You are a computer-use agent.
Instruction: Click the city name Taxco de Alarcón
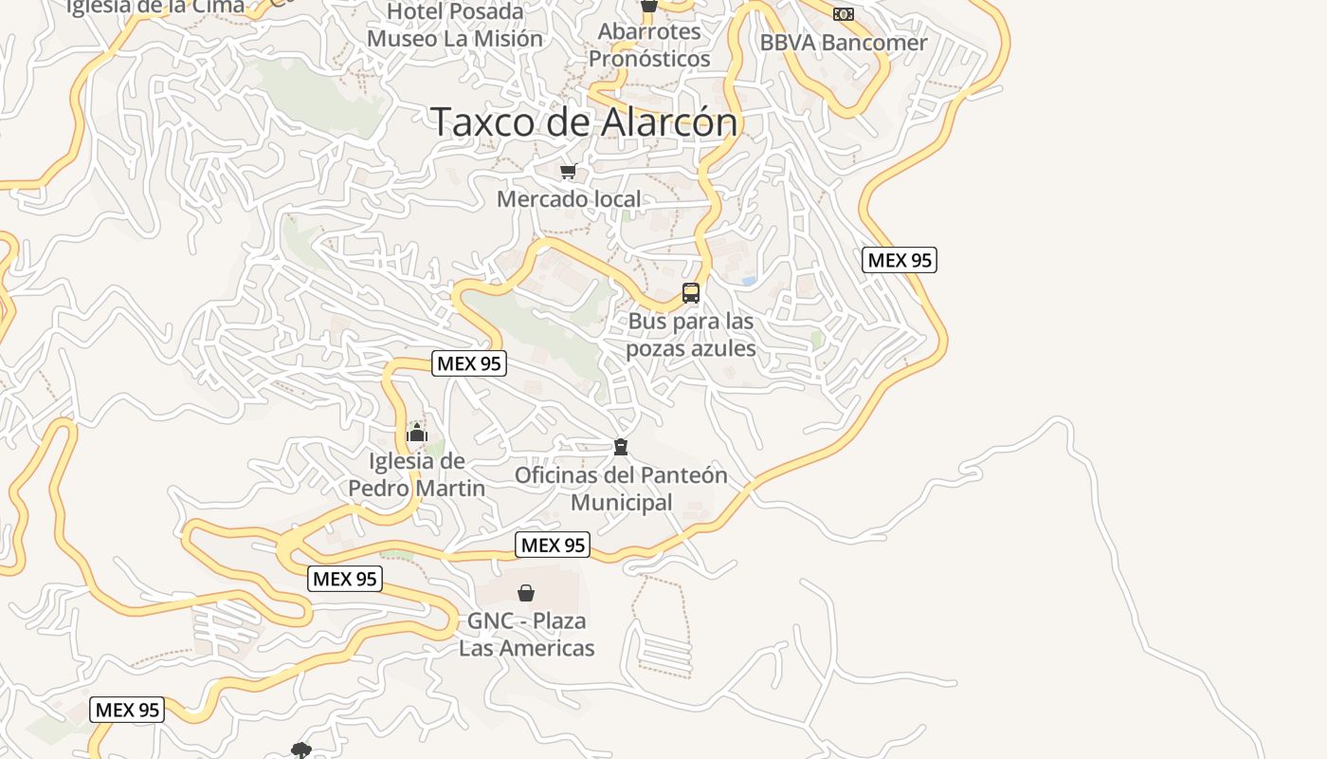584,122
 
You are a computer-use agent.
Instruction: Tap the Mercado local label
569,199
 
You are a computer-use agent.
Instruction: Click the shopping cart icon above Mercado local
568,172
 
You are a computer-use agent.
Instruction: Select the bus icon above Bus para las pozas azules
691,293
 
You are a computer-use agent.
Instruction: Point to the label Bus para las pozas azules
691,335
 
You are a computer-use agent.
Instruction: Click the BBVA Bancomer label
844,43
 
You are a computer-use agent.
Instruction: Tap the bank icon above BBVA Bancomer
844,14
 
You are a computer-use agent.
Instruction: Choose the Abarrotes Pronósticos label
649,45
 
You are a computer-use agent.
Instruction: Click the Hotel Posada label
455,11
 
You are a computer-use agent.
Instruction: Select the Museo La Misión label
455,39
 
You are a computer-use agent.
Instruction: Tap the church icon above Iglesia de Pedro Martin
417,433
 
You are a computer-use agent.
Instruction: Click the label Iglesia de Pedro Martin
417,474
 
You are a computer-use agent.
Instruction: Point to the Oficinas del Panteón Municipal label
621,488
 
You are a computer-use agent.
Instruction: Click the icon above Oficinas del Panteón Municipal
621,446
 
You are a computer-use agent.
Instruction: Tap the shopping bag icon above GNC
526,593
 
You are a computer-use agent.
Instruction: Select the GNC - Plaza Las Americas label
527,635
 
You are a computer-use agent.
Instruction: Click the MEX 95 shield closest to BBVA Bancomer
900,260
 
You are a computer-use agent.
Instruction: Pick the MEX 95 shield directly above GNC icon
553,545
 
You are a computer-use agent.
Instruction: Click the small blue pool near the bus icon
749,281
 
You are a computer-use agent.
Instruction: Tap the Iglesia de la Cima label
155,6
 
